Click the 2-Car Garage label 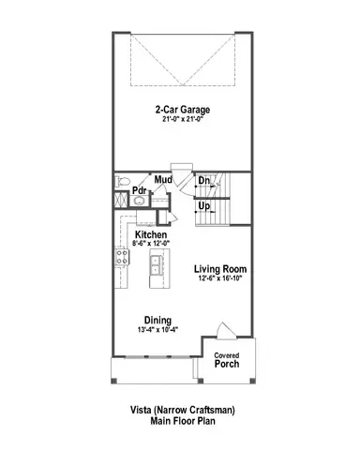[x=182, y=109]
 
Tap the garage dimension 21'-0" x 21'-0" [x=182, y=119]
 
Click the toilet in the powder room [x=120, y=180]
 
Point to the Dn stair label [x=203, y=181]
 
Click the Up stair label [x=203, y=204]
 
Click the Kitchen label [x=151, y=234]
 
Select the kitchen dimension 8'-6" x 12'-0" [x=151, y=244]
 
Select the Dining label [x=157, y=321]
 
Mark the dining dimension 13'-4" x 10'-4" [x=157, y=331]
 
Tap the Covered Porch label [x=226, y=361]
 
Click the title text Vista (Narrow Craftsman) [x=182, y=411]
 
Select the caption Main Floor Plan [x=182, y=422]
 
